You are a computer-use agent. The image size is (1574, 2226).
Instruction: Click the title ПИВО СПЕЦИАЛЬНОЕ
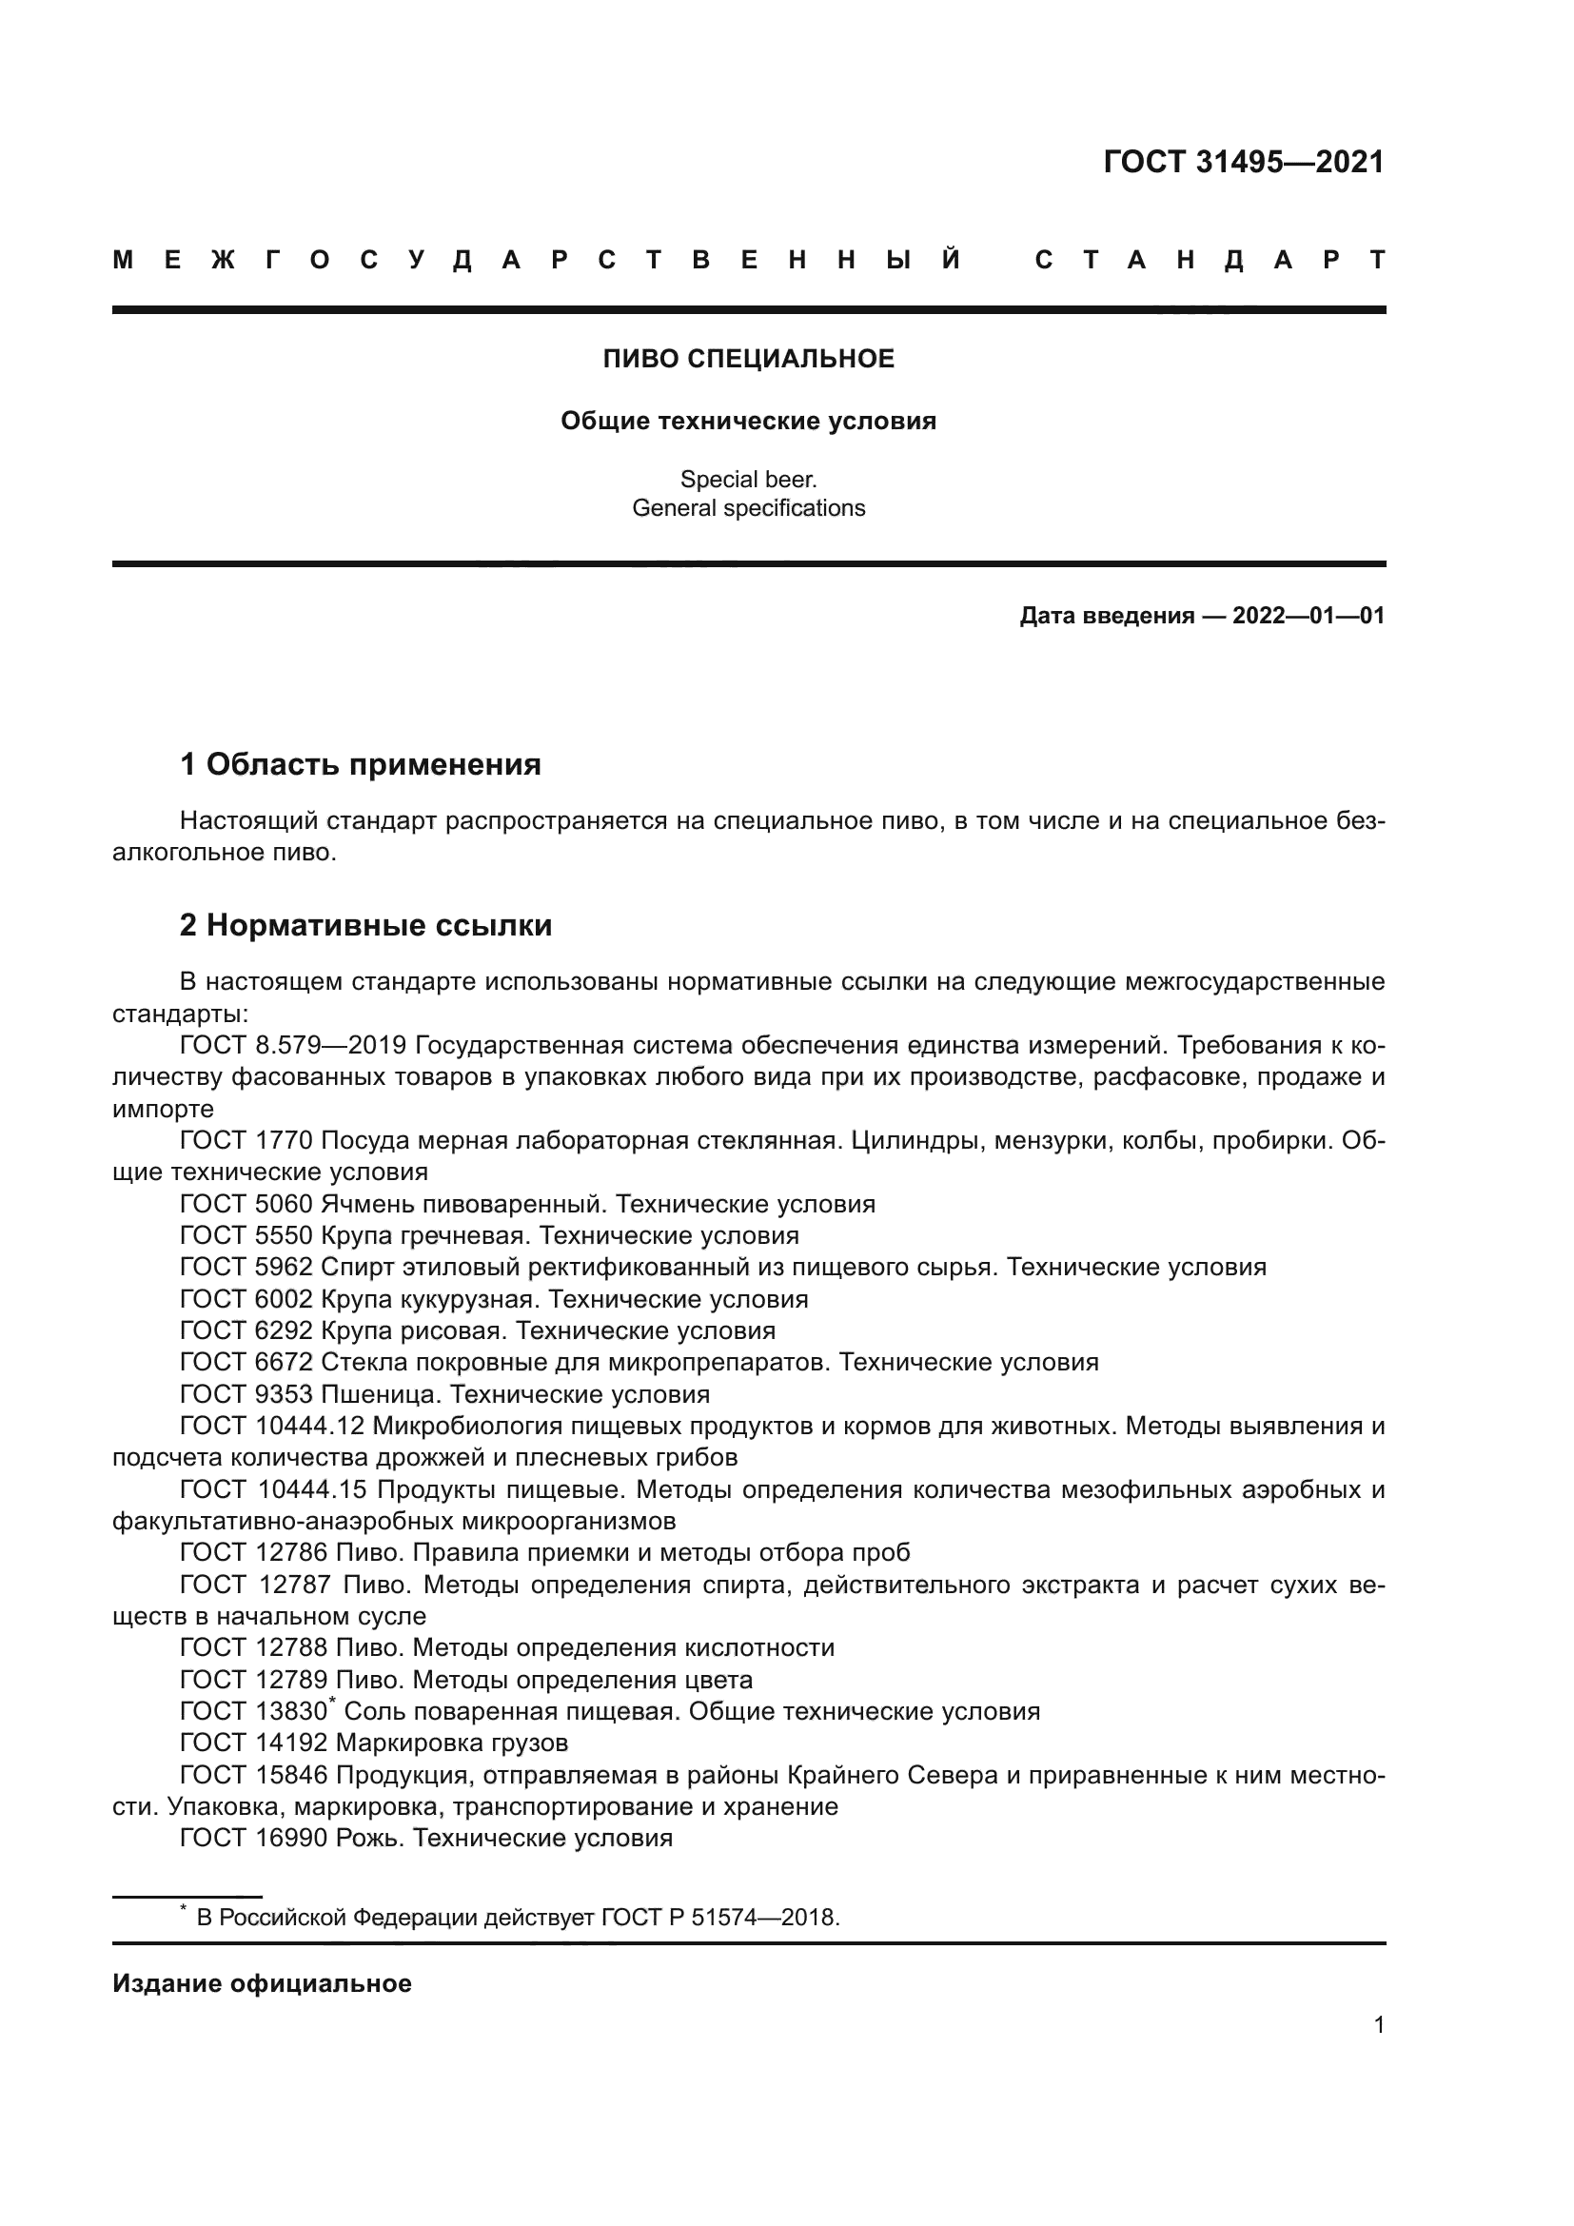(748, 359)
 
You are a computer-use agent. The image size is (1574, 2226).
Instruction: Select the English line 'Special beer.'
(748, 479)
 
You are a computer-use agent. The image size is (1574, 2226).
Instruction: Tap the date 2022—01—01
(1308, 616)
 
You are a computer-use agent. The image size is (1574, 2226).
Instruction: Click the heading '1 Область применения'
(360, 765)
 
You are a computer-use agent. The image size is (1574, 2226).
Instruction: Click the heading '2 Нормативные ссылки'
(365, 926)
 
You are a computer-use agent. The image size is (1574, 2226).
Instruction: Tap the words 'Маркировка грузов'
(452, 1743)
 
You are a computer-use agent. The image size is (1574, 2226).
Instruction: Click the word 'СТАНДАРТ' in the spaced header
(1210, 260)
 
